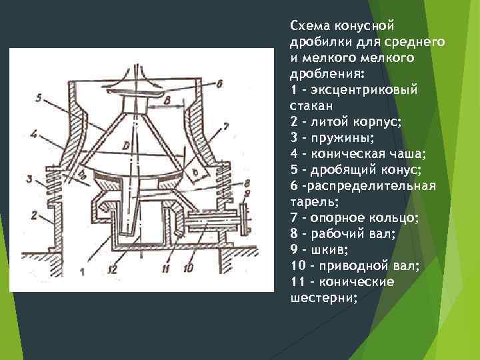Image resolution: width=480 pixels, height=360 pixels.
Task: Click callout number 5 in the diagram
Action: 39,98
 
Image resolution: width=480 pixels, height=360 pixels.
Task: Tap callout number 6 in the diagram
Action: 219,83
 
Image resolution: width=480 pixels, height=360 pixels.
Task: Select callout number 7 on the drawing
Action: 226,125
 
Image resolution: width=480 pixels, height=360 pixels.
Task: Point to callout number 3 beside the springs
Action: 29,179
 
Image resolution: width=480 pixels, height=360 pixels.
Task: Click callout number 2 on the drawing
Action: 32,215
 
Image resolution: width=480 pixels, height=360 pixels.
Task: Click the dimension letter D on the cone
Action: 125,145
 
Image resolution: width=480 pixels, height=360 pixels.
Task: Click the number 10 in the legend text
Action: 297,265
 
